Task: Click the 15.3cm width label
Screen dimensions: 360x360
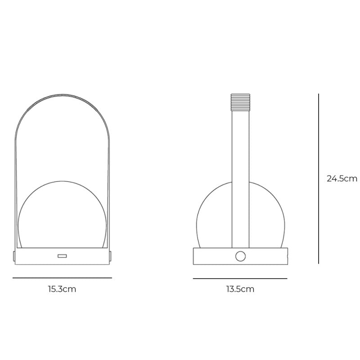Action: point(62,289)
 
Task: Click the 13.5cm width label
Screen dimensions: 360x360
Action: point(240,289)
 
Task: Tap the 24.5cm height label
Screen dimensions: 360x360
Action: point(342,179)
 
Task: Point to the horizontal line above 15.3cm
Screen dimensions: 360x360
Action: point(62,278)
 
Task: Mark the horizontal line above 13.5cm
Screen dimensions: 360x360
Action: point(240,279)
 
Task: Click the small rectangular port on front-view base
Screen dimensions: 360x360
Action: point(62,256)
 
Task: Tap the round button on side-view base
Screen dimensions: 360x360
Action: point(240,256)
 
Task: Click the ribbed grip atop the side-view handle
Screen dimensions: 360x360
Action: point(240,102)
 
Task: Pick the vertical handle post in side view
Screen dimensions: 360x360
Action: point(240,180)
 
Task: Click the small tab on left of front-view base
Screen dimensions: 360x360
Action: point(13,256)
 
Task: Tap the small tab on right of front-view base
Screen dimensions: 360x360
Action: point(110,256)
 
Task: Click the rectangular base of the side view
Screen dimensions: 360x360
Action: point(211,256)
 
